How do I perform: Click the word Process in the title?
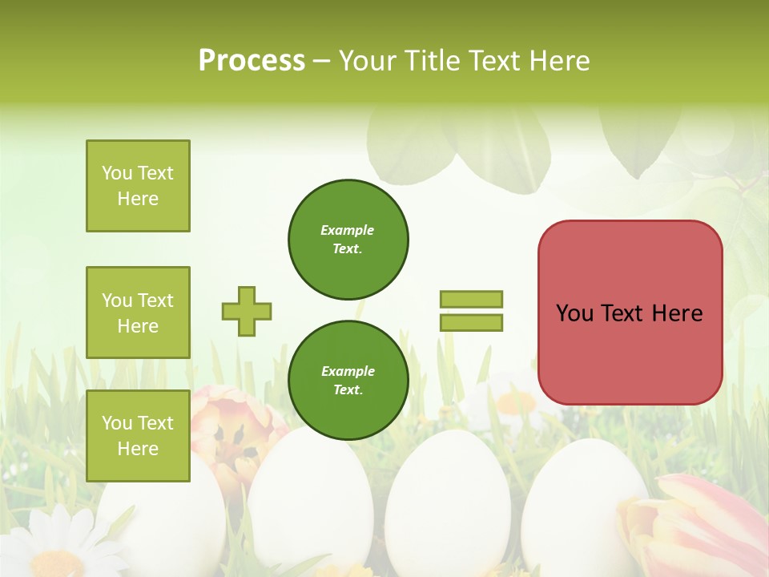(x=252, y=61)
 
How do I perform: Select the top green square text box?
(x=138, y=186)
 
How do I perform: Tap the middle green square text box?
(x=138, y=313)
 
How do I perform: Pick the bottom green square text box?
(x=138, y=436)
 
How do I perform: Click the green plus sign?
(x=247, y=311)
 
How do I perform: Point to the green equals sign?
(x=471, y=311)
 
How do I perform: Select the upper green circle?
(x=348, y=240)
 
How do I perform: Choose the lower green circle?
(x=348, y=381)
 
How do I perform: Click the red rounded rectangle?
(x=630, y=313)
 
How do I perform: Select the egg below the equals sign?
(x=449, y=505)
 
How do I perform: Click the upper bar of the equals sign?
(x=471, y=300)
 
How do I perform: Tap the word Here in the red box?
(x=677, y=313)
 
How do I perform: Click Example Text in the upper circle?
(x=348, y=240)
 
